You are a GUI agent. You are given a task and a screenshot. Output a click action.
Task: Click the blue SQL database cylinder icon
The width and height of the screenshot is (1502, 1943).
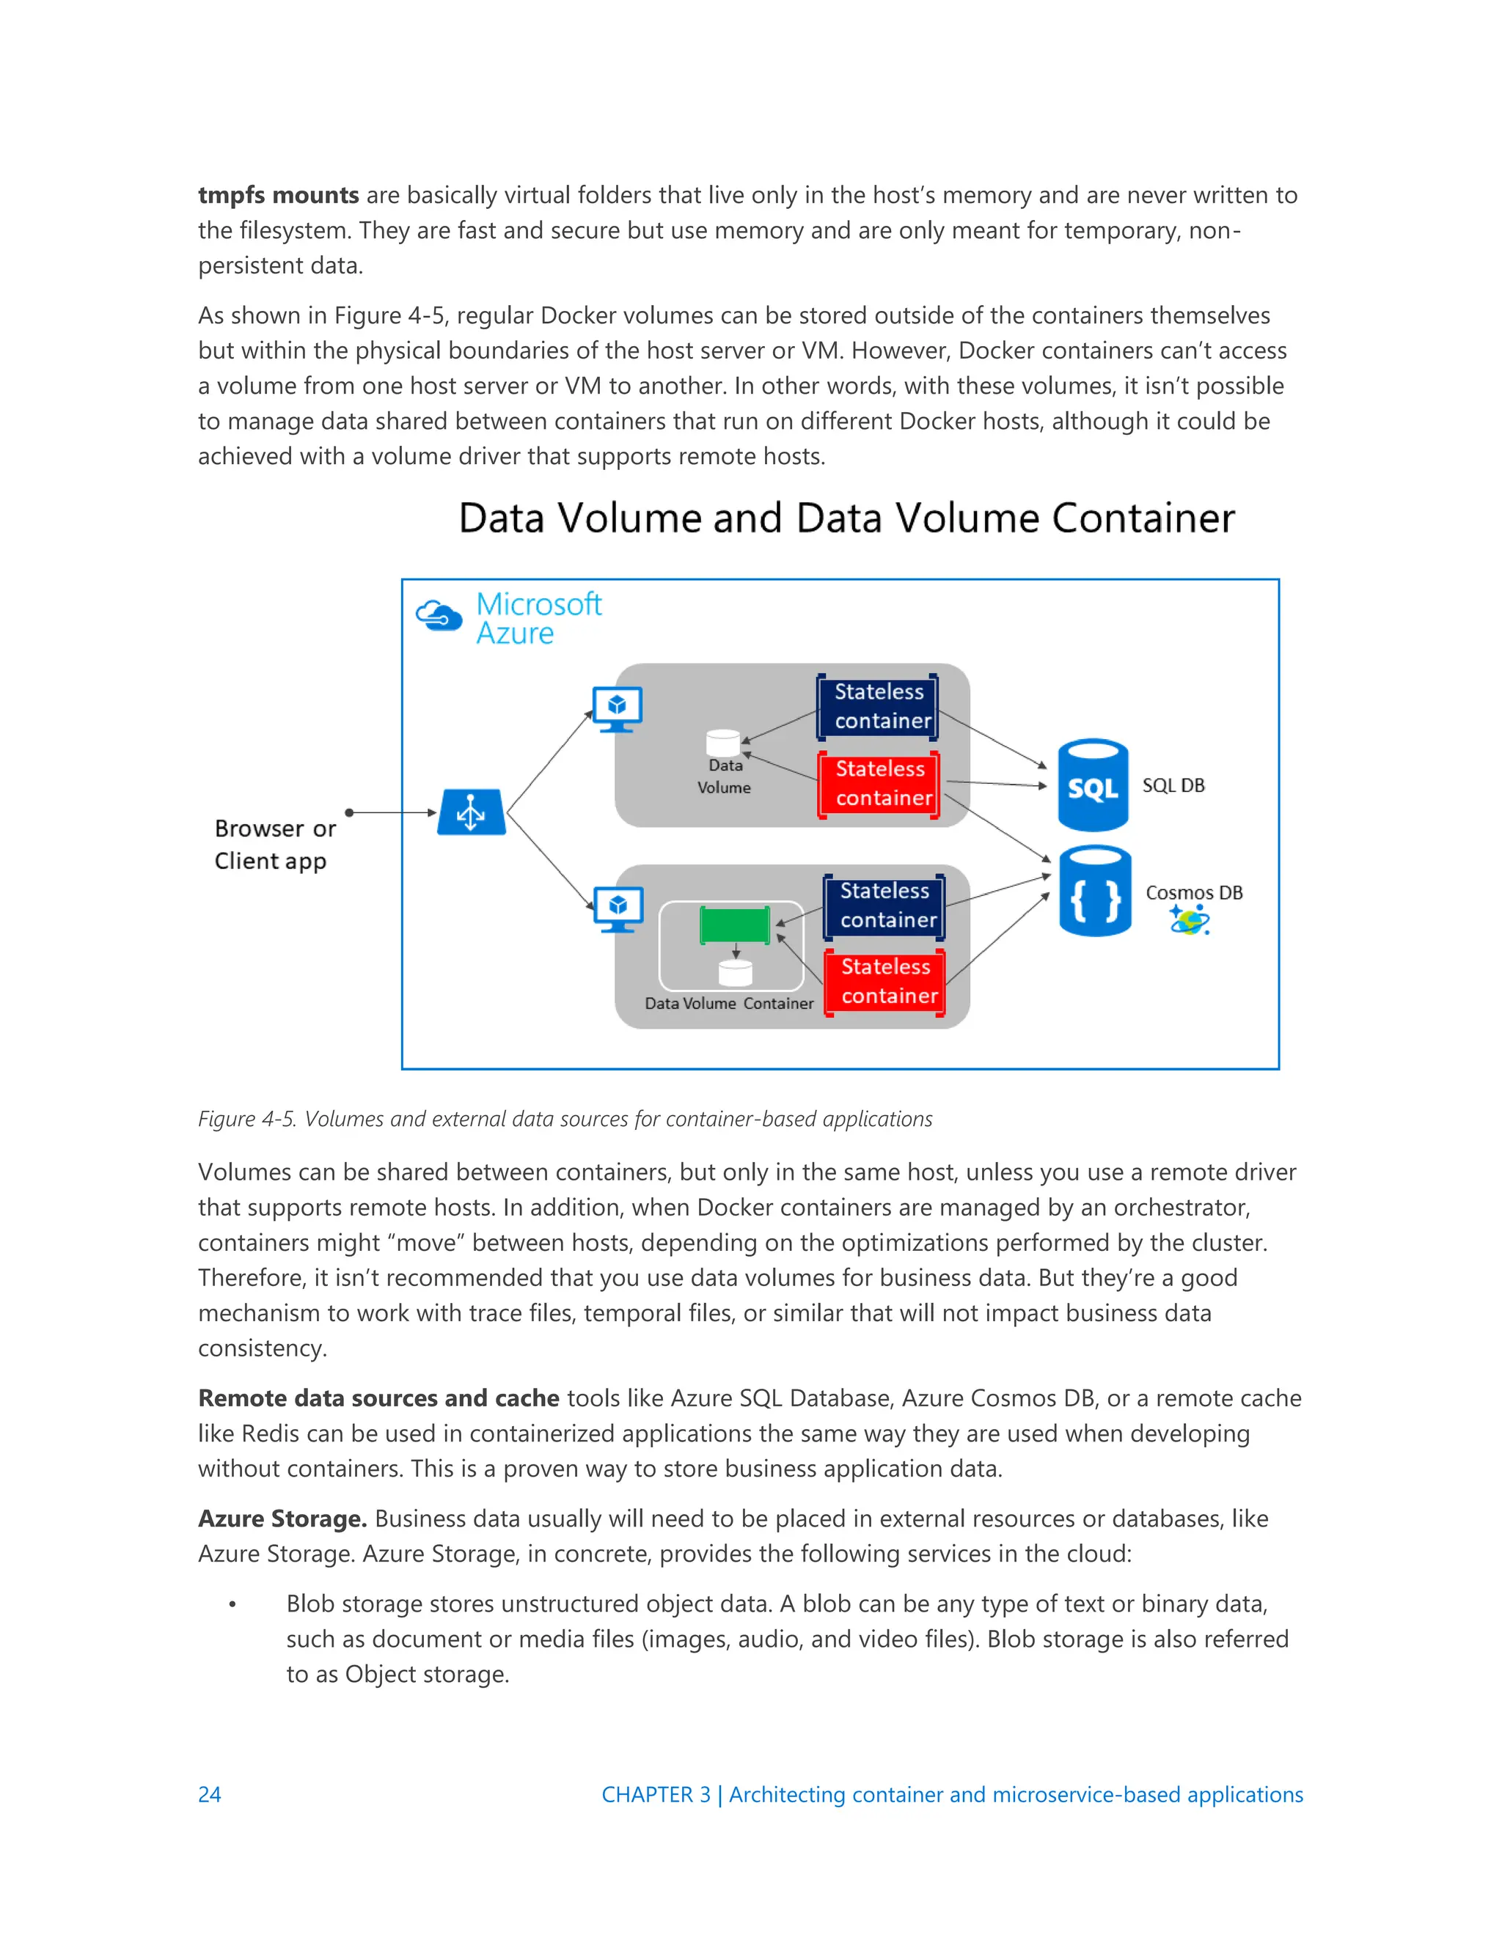(1093, 785)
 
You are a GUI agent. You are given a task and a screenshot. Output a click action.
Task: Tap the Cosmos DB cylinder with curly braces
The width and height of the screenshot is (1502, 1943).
(1094, 892)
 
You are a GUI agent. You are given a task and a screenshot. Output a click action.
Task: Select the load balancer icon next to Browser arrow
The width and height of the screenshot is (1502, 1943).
(472, 812)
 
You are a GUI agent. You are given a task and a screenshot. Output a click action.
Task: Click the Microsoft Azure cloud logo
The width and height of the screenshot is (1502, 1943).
(439, 616)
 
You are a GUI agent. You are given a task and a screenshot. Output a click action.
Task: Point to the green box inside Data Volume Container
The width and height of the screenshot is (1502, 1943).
(735, 925)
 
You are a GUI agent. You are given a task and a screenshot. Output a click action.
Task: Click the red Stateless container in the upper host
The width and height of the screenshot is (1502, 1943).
(879, 785)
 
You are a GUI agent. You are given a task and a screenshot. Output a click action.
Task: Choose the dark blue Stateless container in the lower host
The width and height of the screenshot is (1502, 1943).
(884, 906)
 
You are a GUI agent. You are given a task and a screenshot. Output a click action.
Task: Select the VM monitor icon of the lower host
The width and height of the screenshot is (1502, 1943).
(618, 909)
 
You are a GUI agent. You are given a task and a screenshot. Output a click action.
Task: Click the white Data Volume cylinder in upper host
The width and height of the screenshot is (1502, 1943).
(722, 742)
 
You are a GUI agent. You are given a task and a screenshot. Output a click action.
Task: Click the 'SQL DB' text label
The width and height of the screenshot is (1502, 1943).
(1173, 785)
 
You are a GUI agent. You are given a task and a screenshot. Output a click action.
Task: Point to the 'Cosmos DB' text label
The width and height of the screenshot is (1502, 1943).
(1193, 892)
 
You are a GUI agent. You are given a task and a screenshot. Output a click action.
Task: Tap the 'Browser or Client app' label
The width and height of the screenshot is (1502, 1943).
(274, 844)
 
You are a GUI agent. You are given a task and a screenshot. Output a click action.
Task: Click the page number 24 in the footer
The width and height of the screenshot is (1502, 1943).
(209, 1794)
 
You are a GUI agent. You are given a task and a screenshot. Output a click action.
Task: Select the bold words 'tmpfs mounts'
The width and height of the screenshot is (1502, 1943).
(278, 195)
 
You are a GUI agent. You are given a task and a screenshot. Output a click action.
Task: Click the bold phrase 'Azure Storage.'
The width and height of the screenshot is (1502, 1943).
(282, 1518)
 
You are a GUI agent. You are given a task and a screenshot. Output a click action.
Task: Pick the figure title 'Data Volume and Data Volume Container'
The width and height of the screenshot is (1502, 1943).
(846, 518)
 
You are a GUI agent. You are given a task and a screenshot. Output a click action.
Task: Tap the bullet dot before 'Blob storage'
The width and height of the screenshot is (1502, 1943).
(232, 1605)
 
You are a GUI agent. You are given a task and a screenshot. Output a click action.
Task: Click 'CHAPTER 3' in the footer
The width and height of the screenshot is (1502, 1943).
(656, 1794)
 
